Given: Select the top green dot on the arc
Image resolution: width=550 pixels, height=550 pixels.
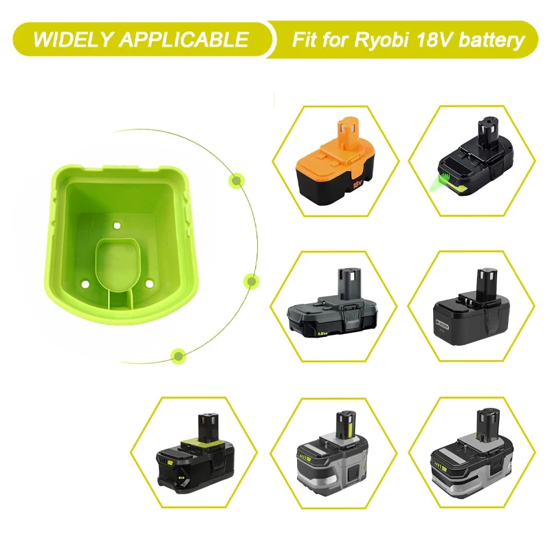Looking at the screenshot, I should coord(236,181).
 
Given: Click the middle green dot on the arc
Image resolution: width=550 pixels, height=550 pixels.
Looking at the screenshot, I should coord(251,280).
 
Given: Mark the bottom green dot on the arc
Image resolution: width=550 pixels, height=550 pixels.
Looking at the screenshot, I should coord(178,355).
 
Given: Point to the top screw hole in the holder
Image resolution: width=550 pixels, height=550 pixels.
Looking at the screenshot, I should coord(117,225).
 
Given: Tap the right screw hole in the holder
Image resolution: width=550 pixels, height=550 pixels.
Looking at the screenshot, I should coord(150,281).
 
